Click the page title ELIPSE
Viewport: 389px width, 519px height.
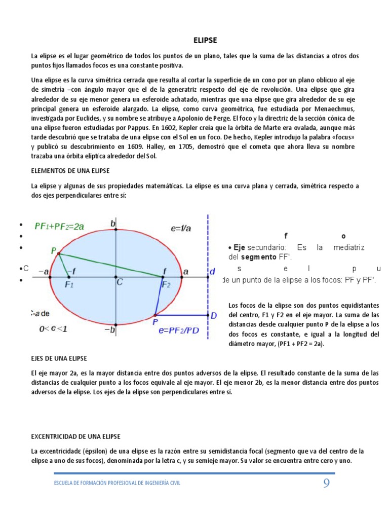tap(205, 40)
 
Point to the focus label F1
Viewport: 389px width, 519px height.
tap(69, 285)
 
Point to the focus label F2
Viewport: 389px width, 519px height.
tap(166, 285)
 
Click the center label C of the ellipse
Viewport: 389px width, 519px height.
tap(120, 282)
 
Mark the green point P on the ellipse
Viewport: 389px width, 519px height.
tap(54, 250)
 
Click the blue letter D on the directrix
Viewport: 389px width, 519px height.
tap(213, 316)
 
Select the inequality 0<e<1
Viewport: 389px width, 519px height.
tap(54, 328)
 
